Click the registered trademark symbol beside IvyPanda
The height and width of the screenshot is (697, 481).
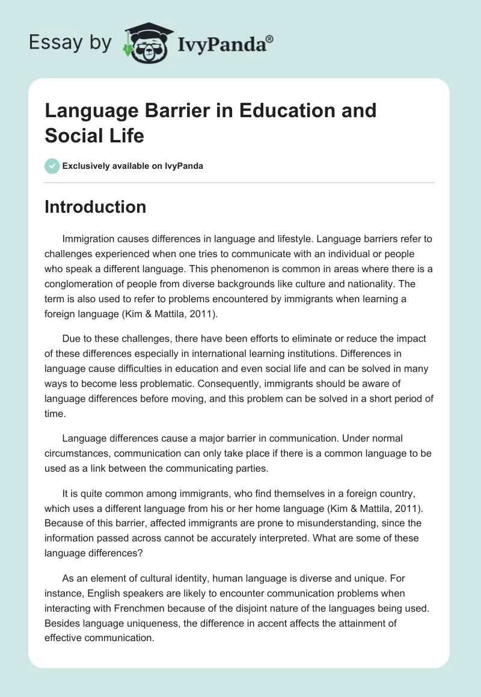[x=270, y=39]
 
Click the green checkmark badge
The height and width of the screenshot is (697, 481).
[x=52, y=166]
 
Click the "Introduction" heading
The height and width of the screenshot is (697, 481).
[x=95, y=207]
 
